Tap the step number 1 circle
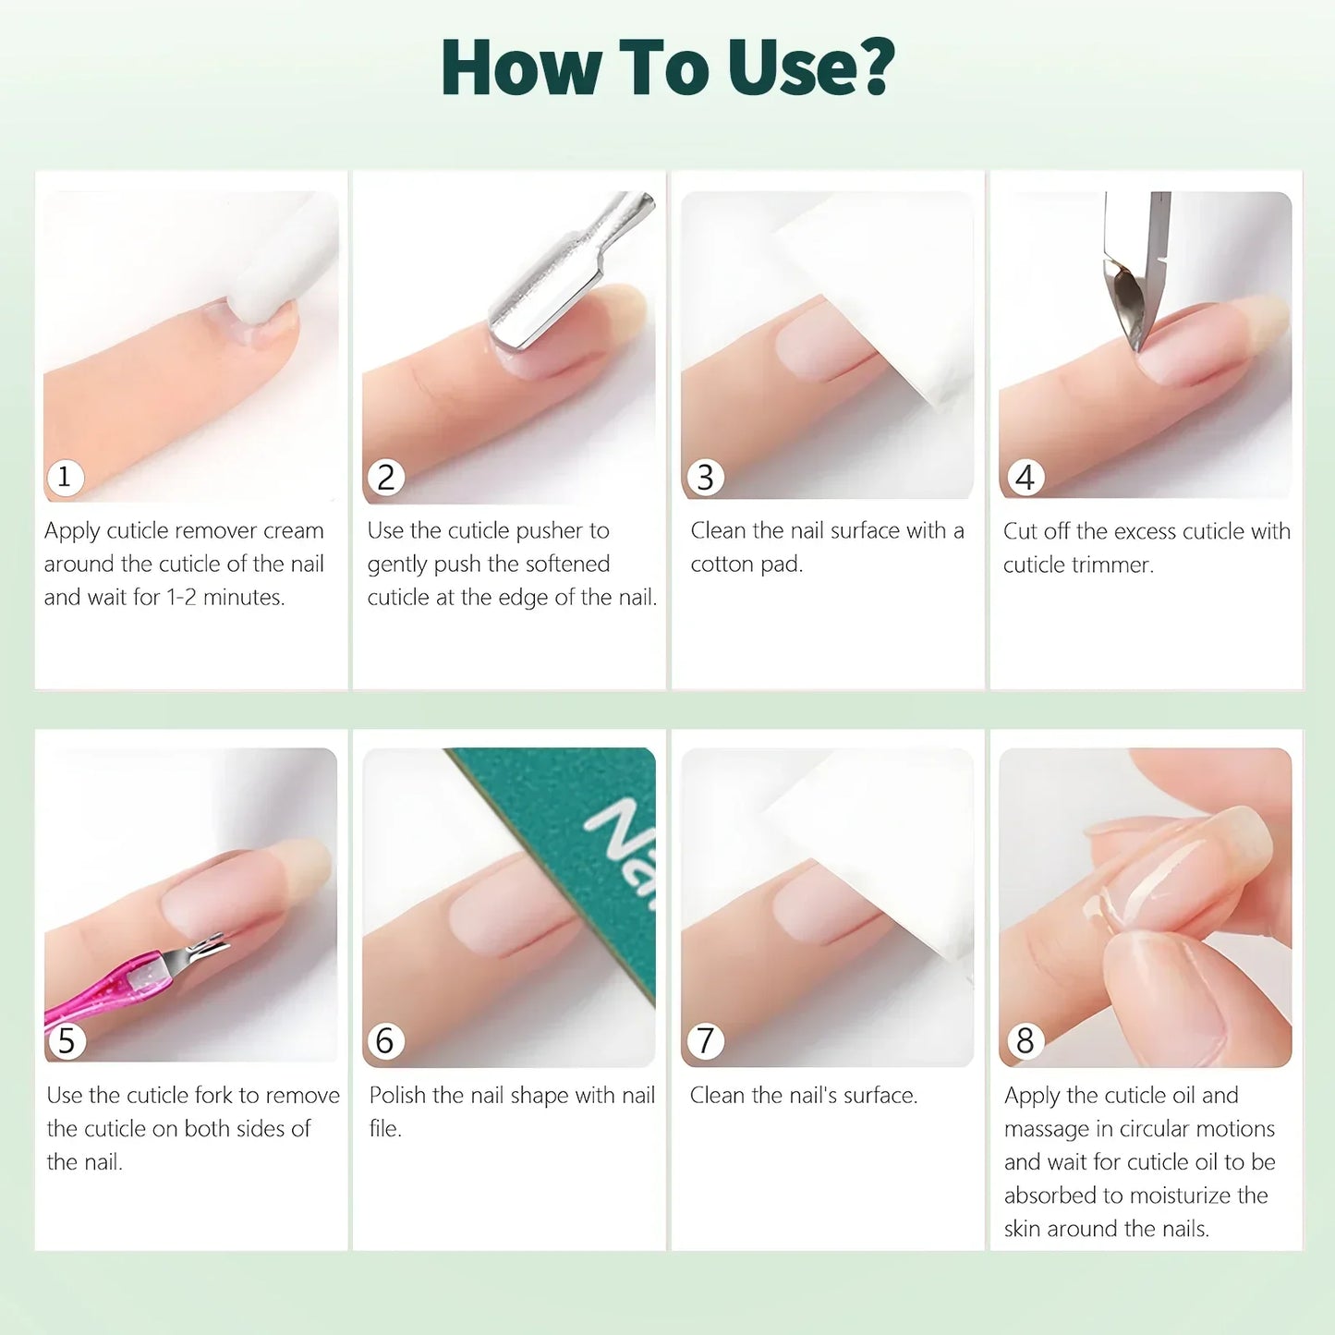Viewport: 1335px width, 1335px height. [65, 478]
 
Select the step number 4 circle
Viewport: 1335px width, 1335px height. [1025, 478]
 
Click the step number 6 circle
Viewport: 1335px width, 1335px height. [385, 1041]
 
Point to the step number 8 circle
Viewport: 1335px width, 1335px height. [1025, 1041]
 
